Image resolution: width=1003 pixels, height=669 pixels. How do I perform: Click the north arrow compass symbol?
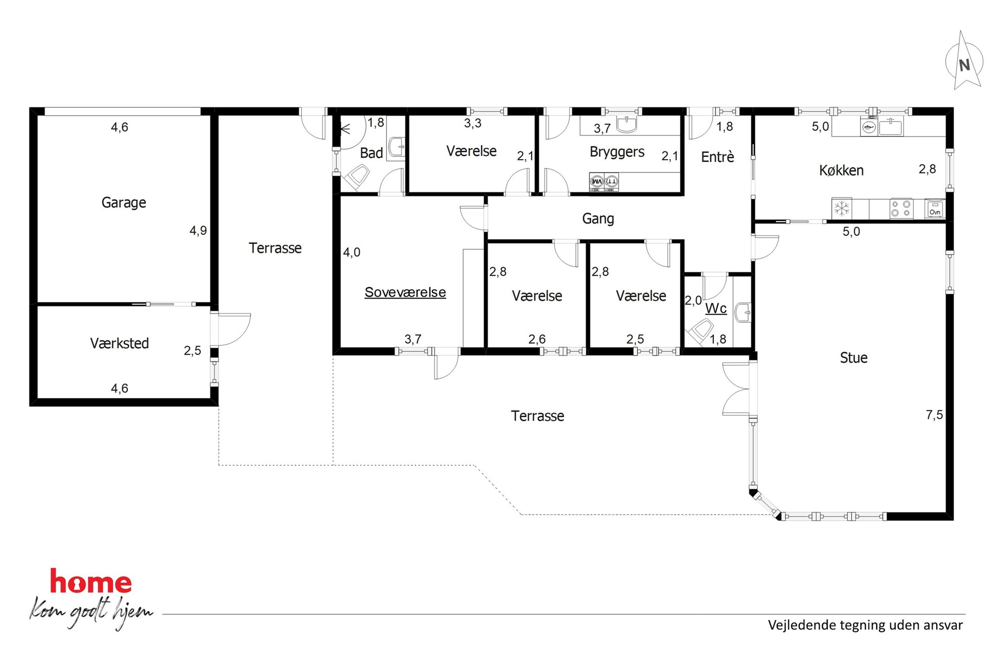(964, 61)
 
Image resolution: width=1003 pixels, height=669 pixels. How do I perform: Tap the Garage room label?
(124, 203)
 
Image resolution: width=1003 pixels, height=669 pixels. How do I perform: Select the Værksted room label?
(119, 343)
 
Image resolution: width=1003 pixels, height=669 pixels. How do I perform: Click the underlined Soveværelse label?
(405, 292)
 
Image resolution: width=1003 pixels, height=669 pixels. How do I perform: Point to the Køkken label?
(841, 170)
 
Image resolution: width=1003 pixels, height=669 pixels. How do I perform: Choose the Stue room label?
(853, 358)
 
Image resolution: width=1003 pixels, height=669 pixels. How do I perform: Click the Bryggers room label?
(617, 152)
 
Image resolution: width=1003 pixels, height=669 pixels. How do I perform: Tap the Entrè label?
(717, 157)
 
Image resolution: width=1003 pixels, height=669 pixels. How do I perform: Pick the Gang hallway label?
(598, 219)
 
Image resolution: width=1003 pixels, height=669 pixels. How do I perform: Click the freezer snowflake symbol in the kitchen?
(842, 208)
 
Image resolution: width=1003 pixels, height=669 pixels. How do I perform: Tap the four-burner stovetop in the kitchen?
(901, 208)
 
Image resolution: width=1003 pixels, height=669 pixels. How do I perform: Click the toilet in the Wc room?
(700, 331)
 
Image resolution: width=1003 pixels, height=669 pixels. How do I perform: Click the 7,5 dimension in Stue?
(934, 415)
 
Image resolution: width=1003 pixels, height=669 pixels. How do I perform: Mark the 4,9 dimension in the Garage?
(198, 231)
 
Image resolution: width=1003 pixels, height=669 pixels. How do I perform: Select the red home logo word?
(91, 582)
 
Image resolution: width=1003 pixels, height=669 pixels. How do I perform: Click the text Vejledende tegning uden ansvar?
(865, 626)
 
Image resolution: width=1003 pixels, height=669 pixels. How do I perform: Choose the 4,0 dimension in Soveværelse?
(352, 252)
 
